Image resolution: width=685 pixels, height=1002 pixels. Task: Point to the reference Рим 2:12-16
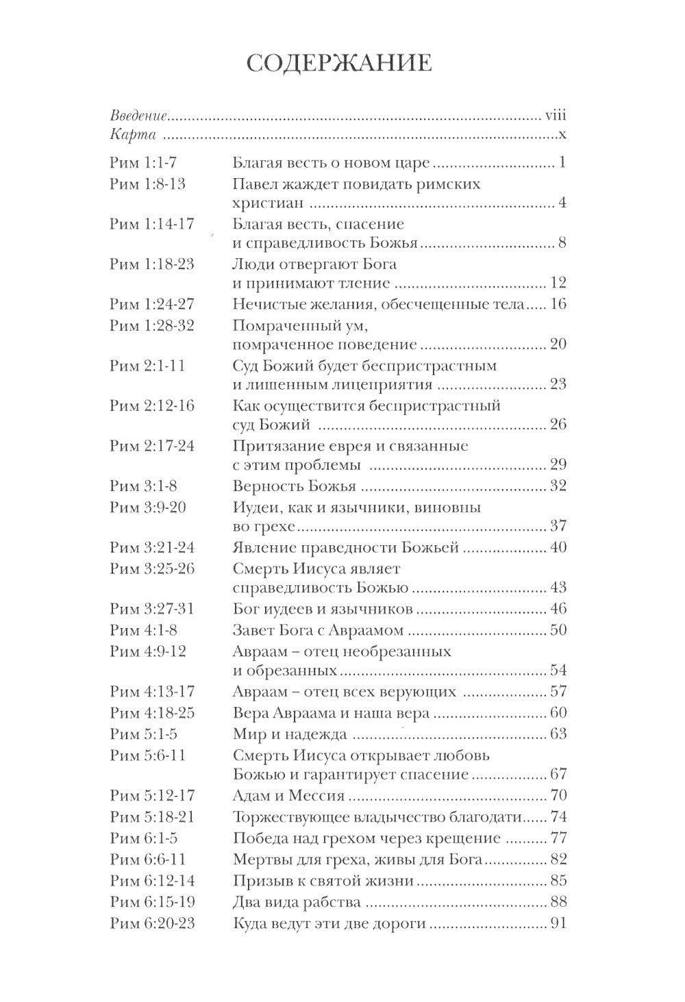[152, 405]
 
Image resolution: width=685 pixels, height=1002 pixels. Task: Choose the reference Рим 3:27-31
[152, 609]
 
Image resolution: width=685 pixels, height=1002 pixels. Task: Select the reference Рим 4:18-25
[152, 713]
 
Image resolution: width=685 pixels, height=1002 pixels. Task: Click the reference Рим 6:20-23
[152, 923]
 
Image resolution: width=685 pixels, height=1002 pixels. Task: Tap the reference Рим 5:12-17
[152, 797]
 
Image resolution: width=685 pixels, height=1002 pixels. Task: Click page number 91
[558, 923]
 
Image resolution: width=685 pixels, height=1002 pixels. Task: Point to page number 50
[558, 629]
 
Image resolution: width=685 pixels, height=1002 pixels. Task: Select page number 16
[558, 303]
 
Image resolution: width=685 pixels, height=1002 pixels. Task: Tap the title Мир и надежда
[289, 734]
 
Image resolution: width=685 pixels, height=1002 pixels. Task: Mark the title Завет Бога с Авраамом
[318, 629]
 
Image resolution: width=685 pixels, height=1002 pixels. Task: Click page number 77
[558, 838]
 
